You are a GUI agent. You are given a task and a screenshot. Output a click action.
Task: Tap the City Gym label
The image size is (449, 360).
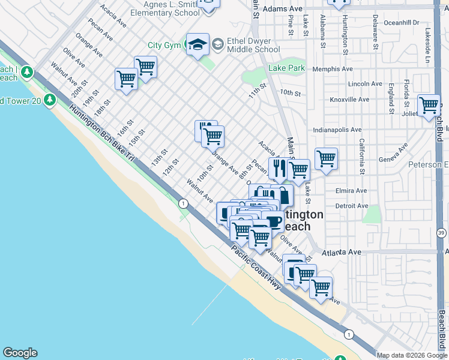tap(164, 45)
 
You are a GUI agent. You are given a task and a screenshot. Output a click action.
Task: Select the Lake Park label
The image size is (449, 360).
tap(287, 68)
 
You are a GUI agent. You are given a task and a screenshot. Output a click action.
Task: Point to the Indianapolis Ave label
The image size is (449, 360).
tap(337, 130)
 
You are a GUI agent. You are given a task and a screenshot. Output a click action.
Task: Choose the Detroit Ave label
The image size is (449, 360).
tap(351, 206)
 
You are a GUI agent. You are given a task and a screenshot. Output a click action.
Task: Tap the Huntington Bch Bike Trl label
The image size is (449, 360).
tap(100, 131)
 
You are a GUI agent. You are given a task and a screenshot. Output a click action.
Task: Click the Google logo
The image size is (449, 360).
tap(20, 353)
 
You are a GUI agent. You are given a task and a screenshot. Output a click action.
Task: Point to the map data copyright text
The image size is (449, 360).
tap(412, 355)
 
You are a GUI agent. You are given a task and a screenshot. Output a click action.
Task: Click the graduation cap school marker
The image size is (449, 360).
tap(197, 44)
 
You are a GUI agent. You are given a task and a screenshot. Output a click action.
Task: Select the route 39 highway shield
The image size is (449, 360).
tap(441, 233)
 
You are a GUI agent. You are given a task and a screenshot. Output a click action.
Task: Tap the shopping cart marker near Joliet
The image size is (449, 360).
tap(429, 105)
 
